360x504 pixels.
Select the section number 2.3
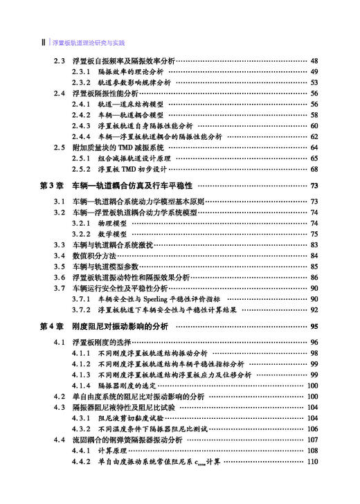click(x=59, y=61)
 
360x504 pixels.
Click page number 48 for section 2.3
click(x=314, y=61)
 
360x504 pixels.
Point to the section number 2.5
click(x=59, y=147)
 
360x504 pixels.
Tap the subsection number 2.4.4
click(x=82, y=136)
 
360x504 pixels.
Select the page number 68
click(x=314, y=169)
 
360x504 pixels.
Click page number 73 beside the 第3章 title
click(x=314, y=186)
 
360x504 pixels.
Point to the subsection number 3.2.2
click(x=82, y=234)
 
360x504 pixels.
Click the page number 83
click(x=314, y=244)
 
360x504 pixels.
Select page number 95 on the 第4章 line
click(x=314, y=326)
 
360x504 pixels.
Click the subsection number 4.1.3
click(x=82, y=375)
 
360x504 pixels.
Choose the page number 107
click(x=312, y=440)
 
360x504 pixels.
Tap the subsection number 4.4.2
click(x=82, y=461)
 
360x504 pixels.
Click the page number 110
click(x=312, y=461)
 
